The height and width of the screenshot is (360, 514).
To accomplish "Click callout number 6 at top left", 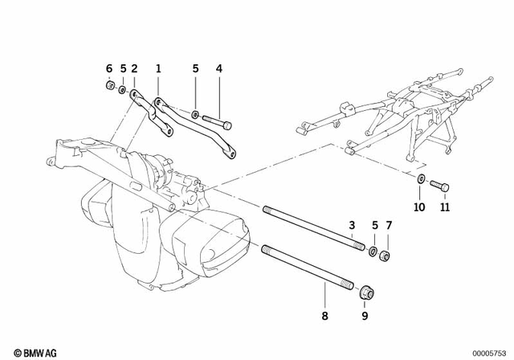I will tap(110, 68).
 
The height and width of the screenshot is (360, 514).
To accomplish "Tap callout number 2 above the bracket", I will tap(134, 68).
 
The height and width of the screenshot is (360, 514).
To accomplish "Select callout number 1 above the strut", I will tap(158, 68).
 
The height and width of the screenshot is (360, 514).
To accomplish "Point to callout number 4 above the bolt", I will tap(218, 68).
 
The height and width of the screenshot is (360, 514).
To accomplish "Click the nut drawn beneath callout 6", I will tap(110, 87).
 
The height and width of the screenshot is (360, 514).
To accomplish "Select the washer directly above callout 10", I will tap(421, 179).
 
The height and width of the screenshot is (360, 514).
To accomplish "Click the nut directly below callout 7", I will tap(386, 255).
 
